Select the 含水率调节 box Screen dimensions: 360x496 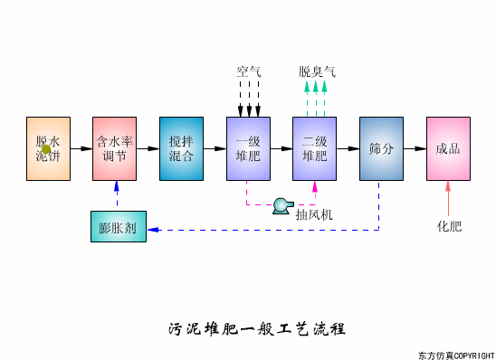[x=115, y=148]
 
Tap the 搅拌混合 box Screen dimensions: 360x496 [x=181, y=148]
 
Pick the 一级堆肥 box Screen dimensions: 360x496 [x=248, y=148]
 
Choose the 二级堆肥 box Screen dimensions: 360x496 [x=315, y=148]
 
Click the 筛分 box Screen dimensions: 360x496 [x=381, y=148]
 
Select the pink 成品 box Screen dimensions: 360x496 [x=448, y=148]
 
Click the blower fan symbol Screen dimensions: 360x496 [x=281, y=205]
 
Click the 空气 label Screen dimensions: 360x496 [x=249, y=71]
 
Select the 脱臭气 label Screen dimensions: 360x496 [x=315, y=71]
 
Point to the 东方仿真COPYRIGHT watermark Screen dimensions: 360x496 [x=456, y=354]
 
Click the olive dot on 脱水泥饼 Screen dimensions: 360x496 [x=46, y=149]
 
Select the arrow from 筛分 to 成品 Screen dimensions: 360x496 [x=415, y=148]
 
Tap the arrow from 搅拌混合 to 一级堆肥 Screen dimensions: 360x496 [x=215, y=148]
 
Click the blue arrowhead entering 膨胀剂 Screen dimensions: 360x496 [x=152, y=230]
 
